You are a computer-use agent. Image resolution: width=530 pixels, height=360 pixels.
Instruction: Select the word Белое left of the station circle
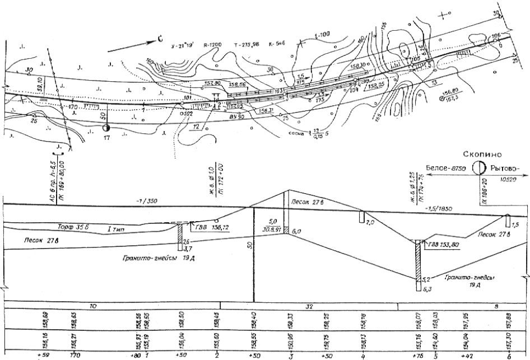pos(437,168)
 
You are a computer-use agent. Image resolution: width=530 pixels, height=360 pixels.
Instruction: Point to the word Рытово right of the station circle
pos(504,168)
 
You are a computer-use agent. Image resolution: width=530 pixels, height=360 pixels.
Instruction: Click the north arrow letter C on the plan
pos(159,39)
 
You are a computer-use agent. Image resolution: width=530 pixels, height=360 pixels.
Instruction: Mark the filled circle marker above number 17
pos(106,128)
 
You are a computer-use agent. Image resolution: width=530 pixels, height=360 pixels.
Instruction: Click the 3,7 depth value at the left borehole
pos(188,247)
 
